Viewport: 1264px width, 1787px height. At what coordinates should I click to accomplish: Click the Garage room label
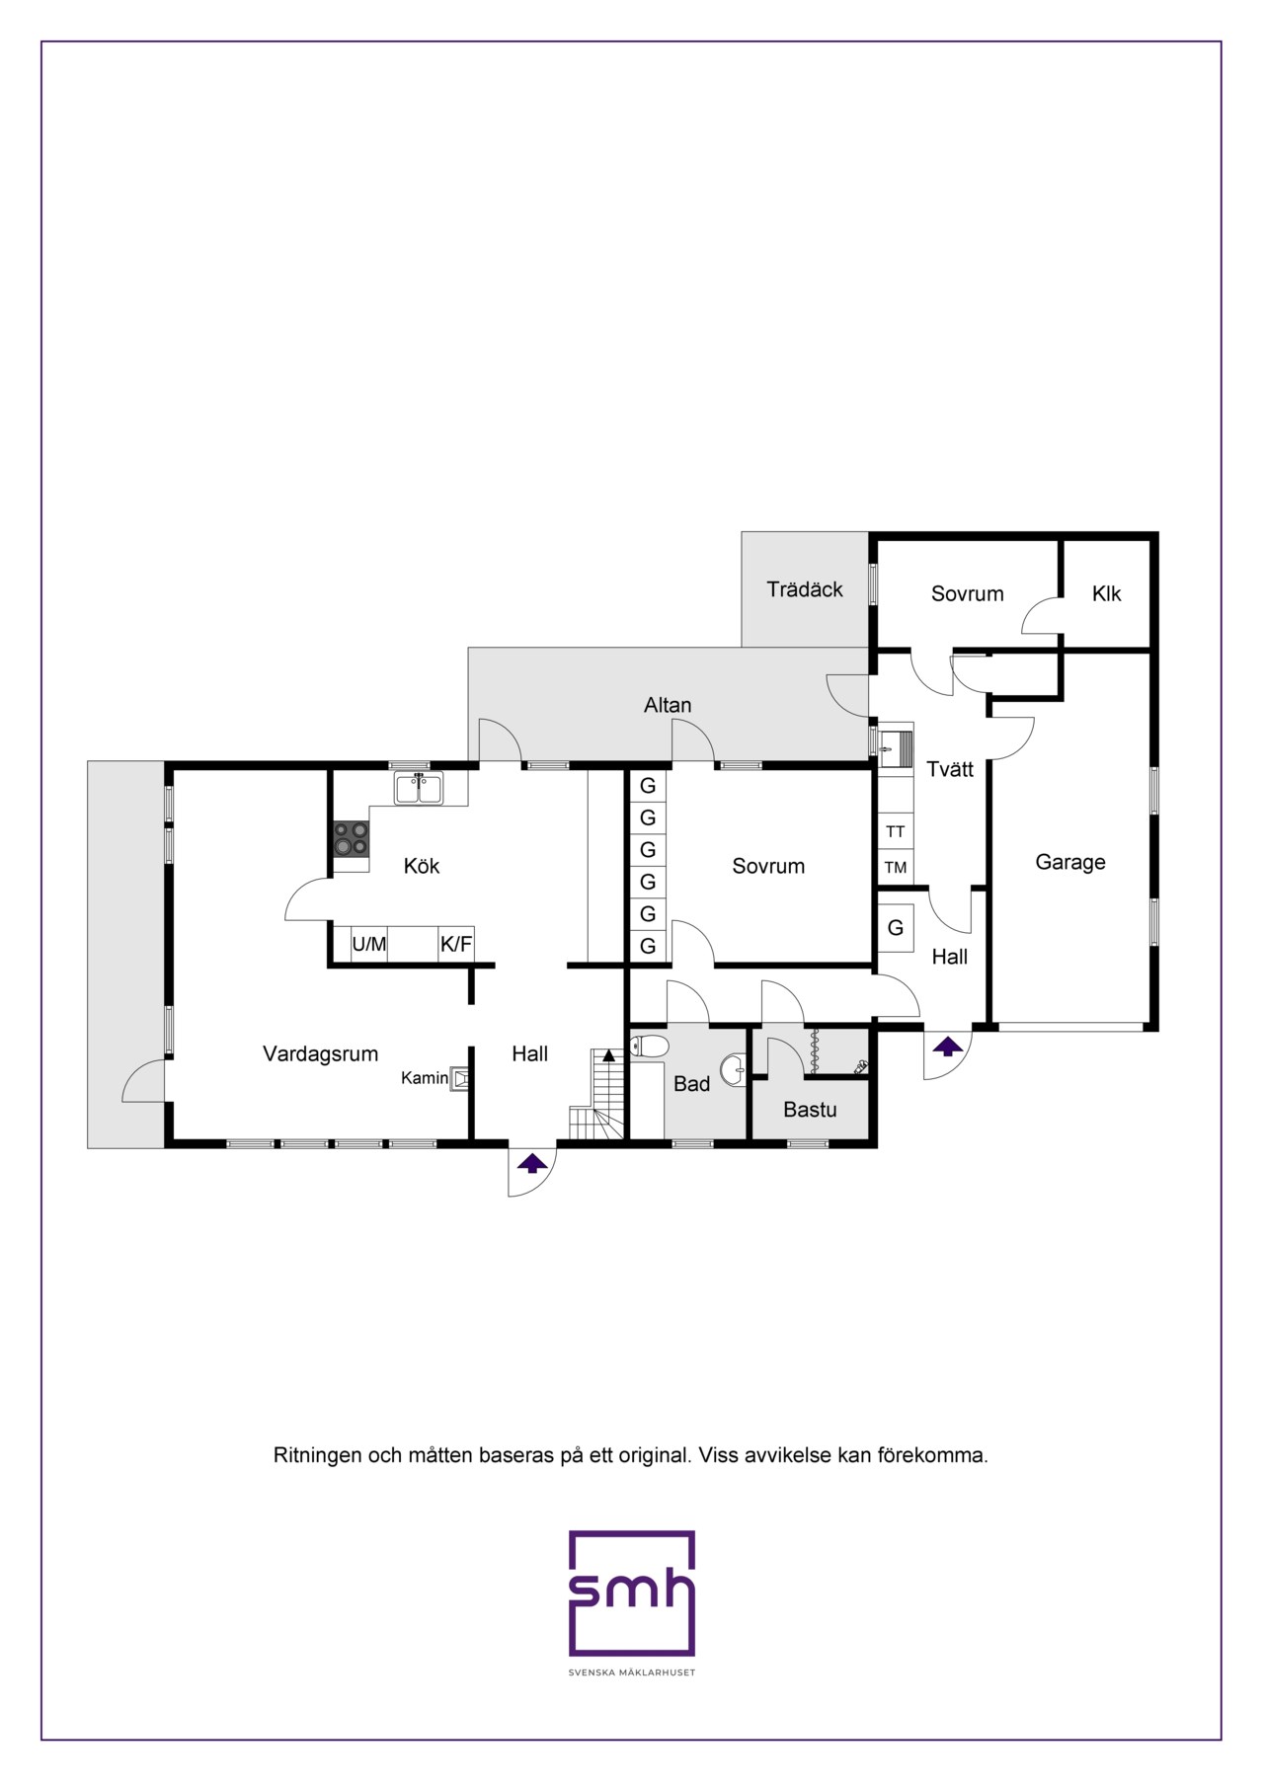coord(1069,862)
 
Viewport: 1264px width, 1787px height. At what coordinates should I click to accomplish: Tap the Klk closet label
coord(1106,593)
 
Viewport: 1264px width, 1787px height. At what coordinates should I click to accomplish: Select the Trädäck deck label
coord(805,589)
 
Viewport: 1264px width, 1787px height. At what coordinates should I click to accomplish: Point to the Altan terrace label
coord(668,705)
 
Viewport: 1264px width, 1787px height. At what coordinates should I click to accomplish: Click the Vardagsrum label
coord(320,1053)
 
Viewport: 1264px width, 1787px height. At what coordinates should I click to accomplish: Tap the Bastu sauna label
coord(810,1110)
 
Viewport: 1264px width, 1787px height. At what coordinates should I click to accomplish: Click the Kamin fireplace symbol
coord(460,1078)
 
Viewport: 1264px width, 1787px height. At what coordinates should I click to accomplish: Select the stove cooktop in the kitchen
coord(351,839)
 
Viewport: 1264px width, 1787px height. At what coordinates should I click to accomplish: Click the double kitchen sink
coord(419,788)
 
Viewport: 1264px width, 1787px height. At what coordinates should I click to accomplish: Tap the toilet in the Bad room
coord(649,1046)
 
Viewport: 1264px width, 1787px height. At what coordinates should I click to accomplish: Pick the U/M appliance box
coord(369,944)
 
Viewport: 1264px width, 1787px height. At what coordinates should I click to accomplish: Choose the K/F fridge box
coord(456,944)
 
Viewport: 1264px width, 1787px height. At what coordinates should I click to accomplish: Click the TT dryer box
coord(896,831)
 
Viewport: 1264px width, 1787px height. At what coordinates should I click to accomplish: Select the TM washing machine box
coord(896,868)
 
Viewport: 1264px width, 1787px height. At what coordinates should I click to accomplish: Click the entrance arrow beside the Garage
coord(948,1047)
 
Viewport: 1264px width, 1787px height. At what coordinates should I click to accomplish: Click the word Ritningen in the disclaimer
coord(317,1455)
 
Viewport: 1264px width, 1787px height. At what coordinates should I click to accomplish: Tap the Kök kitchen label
coord(422,866)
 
